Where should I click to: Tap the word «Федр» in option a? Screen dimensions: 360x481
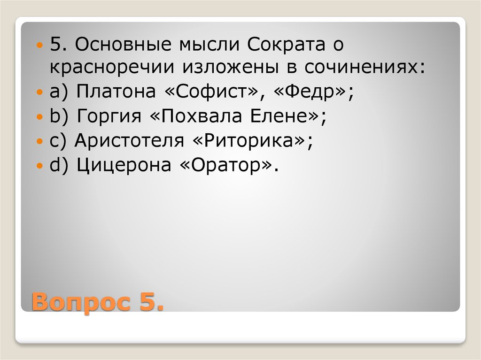point(312,90)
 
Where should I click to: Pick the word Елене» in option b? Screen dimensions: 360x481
point(285,115)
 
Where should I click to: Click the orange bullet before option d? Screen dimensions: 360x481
point(40,166)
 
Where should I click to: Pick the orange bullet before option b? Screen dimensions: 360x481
point(40,115)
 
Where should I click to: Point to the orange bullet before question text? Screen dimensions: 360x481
point(40,46)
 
